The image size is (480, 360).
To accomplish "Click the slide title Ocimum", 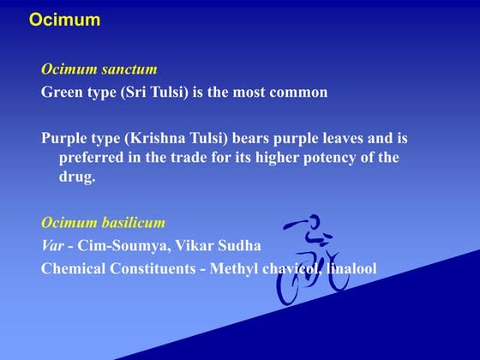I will [x=64, y=20].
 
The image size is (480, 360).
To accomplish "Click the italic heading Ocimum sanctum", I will [x=99, y=69].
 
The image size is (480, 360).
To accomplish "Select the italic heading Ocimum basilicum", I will [x=103, y=223].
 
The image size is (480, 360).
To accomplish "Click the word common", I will [x=298, y=92].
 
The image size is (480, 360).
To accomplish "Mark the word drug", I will [x=75, y=177].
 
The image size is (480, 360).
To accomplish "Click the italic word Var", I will [x=53, y=246].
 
